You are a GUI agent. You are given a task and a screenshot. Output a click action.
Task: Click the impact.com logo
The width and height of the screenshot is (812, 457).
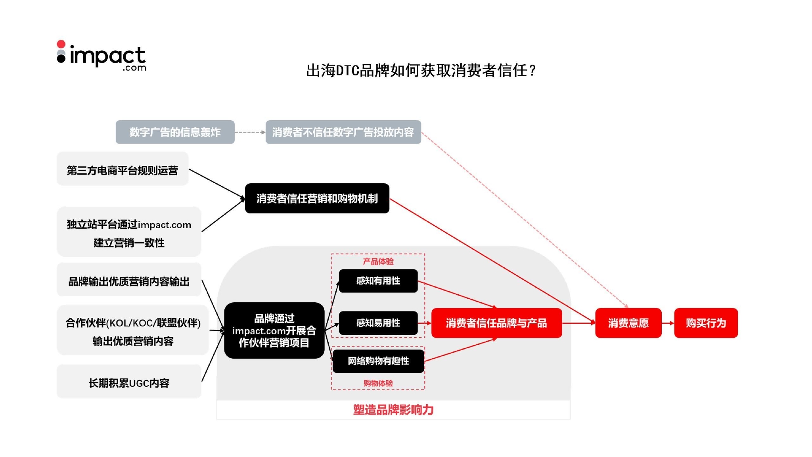[101, 56]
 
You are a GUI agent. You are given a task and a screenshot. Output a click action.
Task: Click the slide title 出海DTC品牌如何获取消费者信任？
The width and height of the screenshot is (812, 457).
[421, 71]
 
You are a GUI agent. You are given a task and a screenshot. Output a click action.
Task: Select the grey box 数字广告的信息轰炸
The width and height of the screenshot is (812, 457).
[175, 132]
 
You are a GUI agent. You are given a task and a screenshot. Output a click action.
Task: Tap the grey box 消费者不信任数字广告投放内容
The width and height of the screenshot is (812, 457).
[343, 132]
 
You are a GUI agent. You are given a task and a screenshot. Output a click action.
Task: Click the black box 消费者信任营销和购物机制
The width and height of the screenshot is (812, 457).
[317, 198]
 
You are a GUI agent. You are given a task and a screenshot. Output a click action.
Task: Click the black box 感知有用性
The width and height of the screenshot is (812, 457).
[378, 281]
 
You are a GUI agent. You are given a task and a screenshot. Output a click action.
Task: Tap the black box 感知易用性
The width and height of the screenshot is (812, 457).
[378, 323]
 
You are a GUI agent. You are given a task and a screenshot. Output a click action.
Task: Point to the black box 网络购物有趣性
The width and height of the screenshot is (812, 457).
[378, 361]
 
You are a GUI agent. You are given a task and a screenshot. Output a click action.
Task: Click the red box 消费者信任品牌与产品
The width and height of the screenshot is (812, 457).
[496, 323]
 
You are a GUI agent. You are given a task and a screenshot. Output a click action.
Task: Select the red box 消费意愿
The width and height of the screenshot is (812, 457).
[628, 323]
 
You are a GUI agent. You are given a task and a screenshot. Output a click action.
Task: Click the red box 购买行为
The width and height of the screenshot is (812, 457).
[706, 323]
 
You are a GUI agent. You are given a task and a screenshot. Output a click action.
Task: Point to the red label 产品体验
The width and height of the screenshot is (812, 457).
[378, 261]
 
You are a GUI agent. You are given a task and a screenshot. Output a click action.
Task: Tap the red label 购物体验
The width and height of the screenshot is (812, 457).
[378, 383]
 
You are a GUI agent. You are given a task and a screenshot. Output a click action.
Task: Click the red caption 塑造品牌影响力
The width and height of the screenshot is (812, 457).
[393, 410]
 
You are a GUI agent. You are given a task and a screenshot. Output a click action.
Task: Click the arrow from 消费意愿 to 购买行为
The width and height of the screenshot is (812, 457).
[668, 323]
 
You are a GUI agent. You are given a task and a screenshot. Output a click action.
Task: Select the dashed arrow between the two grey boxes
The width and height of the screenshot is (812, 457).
[250, 132]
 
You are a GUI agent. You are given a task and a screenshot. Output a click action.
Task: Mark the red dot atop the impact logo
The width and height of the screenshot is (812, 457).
[61, 44]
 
